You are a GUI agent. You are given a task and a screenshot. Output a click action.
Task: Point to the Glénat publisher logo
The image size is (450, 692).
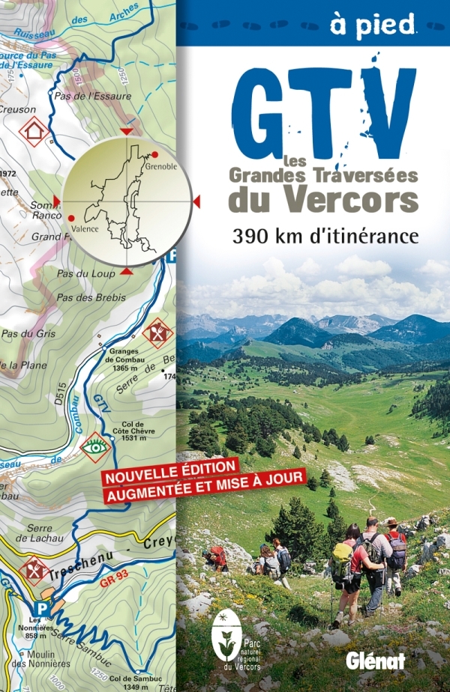pos(375,661)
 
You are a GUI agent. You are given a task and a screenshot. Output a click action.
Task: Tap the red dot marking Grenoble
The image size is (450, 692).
pos(154,155)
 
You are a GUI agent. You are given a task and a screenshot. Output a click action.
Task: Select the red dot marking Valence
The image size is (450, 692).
pos(71,218)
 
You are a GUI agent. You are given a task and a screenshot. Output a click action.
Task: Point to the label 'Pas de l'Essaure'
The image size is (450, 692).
pos(93,97)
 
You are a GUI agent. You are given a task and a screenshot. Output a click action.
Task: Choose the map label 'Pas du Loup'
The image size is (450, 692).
pos(86,274)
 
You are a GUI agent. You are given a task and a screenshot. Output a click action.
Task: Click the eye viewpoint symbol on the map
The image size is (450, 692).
pos(96,447)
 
